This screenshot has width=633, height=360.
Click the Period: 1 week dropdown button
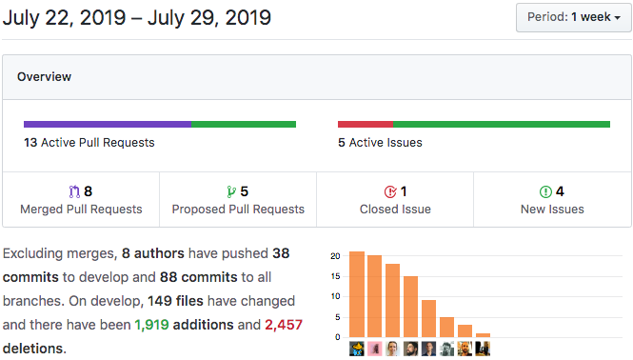click(x=574, y=17)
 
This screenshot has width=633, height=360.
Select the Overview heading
click(x=44, y=77)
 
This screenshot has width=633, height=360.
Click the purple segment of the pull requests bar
click(x=108, y=124)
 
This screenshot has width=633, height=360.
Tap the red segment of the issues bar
click(x=366, y=124)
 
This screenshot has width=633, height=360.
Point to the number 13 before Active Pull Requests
click(x=30, y=142)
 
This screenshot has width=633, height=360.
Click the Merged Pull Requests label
click(x=81, y=209)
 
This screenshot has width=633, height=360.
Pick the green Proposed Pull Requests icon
click(x=231, y=191)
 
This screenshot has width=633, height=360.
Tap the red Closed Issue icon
click(x=390, y=191)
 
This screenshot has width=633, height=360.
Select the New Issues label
click(x=552, y=209)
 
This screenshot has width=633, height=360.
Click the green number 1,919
click(x=151, y=325)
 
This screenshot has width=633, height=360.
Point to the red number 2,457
click(x=284, y=325)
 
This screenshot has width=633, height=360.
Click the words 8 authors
click(x=153, y=253)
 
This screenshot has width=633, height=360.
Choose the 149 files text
click(x=175, y=301)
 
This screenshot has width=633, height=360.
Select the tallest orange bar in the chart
click(x=357, y=294)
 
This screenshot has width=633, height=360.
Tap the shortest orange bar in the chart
click(x=483, y=335)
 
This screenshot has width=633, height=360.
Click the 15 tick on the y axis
click(x=335, y=276)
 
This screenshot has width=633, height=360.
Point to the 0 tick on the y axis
click(x=338, y=337)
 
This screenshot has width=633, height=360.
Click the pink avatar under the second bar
click(x=375, y=349)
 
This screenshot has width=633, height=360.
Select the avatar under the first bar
click(x=357, y=349)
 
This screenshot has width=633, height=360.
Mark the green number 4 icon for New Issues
click(x=545, y=191)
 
